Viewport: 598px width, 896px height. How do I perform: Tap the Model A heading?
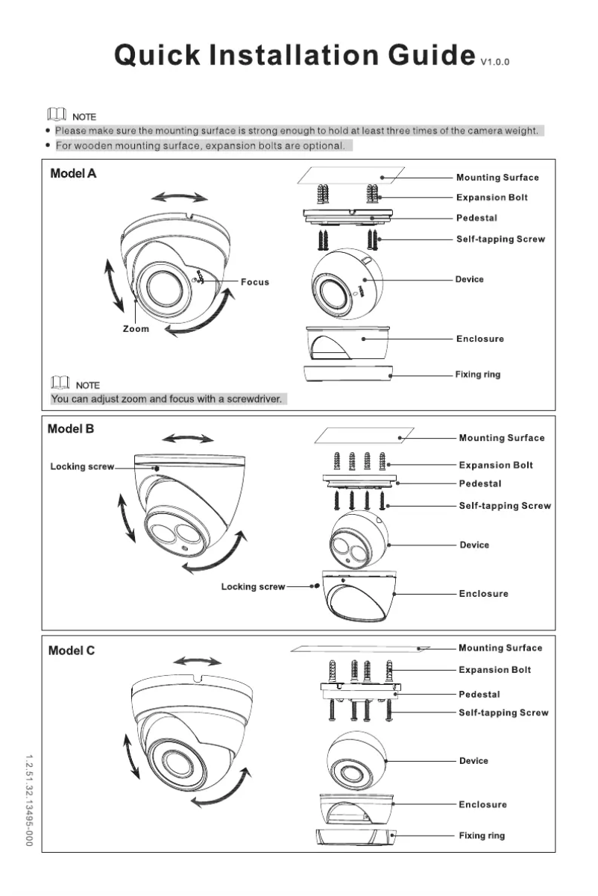(73, 174)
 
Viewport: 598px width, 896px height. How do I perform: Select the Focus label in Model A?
(255, 282)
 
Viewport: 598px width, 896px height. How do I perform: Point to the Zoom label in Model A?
(136, 328)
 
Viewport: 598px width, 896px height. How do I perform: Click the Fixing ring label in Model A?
(478, 375)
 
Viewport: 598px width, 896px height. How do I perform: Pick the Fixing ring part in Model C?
(354, 837)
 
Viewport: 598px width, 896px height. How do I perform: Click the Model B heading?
(71, 429)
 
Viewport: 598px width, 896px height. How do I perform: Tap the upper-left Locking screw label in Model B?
(82, 467)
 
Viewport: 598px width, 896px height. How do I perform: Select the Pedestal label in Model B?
(480, 484)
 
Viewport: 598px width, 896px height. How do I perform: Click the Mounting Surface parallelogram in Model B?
(363, 436)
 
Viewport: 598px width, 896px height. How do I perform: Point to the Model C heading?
(72, 651)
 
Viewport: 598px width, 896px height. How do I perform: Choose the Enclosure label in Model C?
(482, 804)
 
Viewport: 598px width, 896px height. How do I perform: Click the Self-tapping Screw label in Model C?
(503, 713)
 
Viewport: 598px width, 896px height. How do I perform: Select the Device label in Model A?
(470, 279)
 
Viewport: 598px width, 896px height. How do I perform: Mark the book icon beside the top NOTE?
(57, 116)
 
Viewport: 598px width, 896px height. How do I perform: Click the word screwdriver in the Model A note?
(252, 399)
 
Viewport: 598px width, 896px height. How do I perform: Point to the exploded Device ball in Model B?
(357, 542)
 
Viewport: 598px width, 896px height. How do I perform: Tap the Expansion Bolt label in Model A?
(492, 198)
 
